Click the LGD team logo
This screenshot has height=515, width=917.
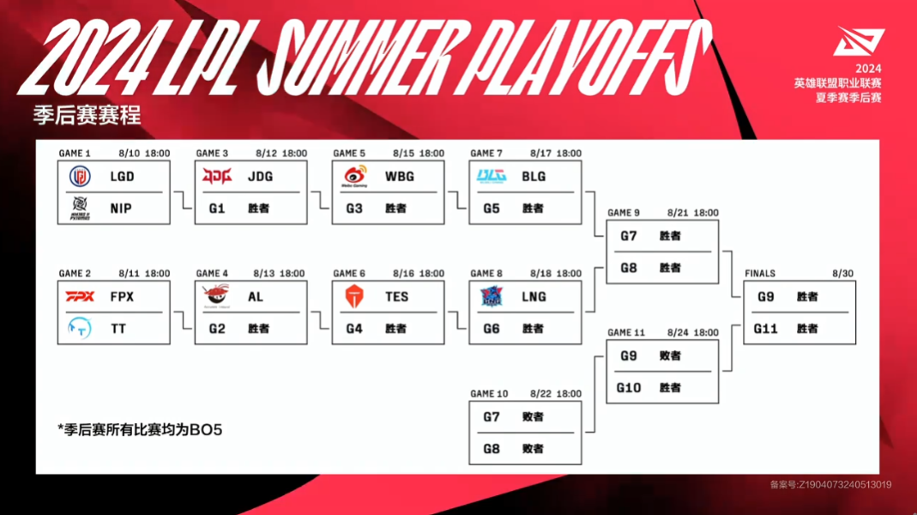(80, 176)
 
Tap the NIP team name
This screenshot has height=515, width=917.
(121, 209)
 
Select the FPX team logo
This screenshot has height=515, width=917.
(80, 297)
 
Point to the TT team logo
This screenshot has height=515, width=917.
(80, 328)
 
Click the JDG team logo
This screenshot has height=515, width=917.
(217, 176)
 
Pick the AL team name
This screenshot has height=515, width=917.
(256, 297)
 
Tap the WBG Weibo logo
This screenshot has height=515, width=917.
(355, 176)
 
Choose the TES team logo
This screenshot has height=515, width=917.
(354, 297)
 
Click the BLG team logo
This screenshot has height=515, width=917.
(492, 176)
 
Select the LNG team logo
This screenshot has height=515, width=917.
(492, 297)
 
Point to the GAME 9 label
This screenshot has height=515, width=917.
(624, 213)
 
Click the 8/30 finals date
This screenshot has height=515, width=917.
(842, 273)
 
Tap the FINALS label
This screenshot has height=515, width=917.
(760, 273)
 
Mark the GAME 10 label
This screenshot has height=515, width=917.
(489, 394)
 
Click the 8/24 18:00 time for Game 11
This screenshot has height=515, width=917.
(693, 332)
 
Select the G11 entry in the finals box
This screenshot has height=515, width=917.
(765, 329)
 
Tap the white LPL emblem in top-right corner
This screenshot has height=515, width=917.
(859, 41)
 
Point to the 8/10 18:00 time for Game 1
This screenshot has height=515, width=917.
(144, 154)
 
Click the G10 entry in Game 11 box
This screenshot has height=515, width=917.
(629, 387)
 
